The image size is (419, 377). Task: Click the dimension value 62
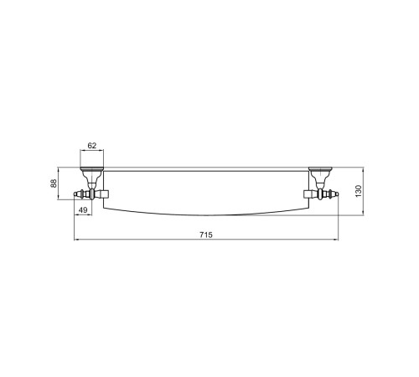pyautogui.click(x=92, y=146)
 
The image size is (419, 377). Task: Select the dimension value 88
pyautogui.click(x=54, y=183)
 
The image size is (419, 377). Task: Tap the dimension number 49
pyautogui.click(x=83, y=210)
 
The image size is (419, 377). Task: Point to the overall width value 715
pyautogui.click(x=206, y=235)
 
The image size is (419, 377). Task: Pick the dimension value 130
pyautogui.click(x=358, y=191)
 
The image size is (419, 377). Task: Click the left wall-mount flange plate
pyautogui.click(x=92, y=168)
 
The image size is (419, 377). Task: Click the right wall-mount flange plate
pyautogui.click(x=320, y=168)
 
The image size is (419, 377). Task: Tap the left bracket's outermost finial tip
pyautogui.click(x=75, y=194)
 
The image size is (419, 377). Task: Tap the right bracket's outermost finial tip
pyautogui.click(x=338, y=194)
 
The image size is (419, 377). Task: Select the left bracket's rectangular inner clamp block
pyautogui.click(x=104, y=194)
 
